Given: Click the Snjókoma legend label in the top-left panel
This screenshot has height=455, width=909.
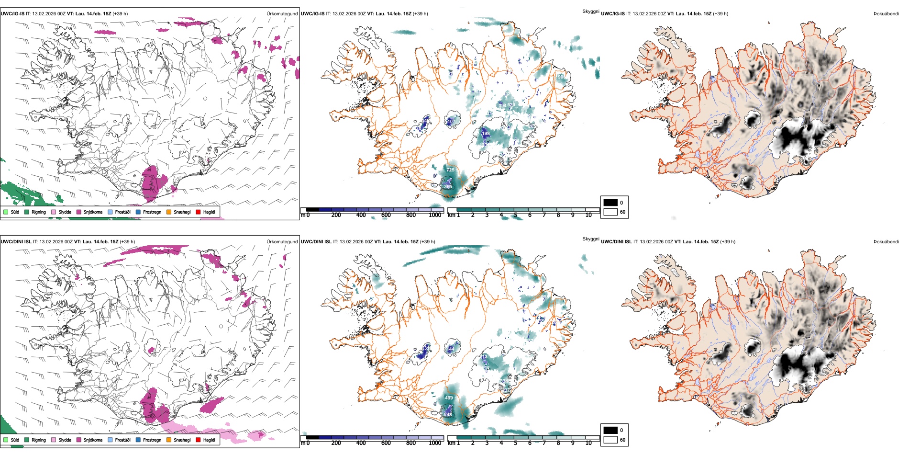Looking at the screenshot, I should (x=93, y=212).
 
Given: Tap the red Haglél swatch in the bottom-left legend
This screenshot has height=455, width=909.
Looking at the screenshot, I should (x=198, y=440).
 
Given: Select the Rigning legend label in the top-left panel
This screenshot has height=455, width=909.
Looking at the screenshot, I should (x=39, y=212).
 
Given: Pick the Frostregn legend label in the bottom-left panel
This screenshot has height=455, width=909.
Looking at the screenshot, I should (x=152, y=440).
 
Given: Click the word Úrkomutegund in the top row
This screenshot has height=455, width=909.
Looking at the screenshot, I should (x=282, y=14).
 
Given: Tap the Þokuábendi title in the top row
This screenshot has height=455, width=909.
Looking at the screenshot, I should (x=886, y=14).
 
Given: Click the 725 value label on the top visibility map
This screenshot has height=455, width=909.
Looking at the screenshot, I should (x=450, y=170).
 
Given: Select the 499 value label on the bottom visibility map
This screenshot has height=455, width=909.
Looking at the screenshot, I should (x=449, y=398).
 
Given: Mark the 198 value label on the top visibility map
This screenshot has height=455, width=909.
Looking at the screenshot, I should (x=486, y=134).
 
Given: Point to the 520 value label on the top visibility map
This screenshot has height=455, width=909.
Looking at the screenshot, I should (x=511, y=105).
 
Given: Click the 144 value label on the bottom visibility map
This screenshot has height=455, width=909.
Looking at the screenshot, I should (x=451, y=349).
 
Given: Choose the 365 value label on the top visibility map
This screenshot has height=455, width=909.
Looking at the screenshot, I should (x=448, y=187).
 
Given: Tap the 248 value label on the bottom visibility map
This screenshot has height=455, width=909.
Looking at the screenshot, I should (x=448, y=415).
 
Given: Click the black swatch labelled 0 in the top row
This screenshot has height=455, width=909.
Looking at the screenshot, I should (x=610, y=203).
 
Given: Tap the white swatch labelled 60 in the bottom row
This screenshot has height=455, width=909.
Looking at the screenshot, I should (x=610, y=440).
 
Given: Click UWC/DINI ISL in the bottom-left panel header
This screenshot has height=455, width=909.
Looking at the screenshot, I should (x=16, y=242).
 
